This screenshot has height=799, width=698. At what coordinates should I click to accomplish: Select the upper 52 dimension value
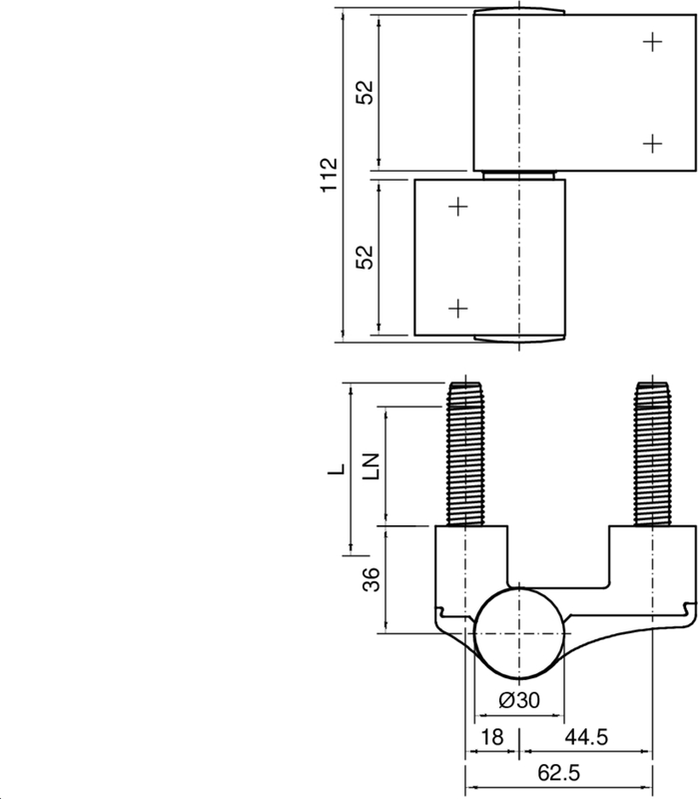(365, 92)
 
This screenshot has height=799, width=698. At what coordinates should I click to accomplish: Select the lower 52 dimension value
(365, 256)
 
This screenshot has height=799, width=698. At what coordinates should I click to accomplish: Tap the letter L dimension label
(337, 467)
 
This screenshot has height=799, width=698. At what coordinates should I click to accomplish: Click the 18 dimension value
(491, 737)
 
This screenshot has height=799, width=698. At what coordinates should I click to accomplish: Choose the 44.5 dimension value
(588, 737)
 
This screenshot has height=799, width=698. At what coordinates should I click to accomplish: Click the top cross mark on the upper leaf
(652, 41)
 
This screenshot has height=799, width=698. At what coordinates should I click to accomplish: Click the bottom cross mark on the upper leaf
(652, 143)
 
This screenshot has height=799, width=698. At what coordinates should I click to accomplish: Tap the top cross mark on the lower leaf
(457, 207)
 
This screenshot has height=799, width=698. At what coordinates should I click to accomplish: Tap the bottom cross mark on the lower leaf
(457, 309)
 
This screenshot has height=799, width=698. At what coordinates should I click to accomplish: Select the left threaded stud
(465, 454)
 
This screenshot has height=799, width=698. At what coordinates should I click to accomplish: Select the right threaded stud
(652, 454)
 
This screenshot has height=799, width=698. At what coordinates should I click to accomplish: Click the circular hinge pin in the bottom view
(518, 632)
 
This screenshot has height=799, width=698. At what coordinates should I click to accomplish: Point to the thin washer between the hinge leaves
(519, 175)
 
